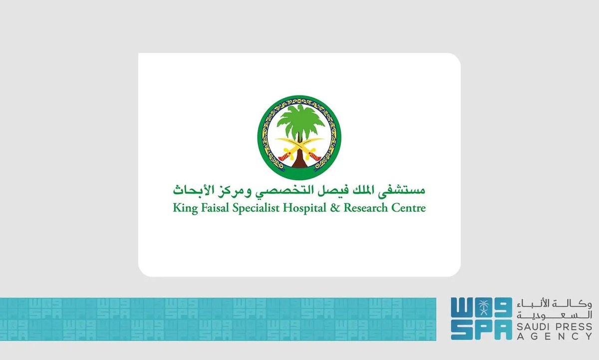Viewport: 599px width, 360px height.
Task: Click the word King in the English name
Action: (184, 208)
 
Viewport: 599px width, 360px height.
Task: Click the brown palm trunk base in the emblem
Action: (299, 161)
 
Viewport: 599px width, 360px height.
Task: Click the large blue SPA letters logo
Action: (481, 320)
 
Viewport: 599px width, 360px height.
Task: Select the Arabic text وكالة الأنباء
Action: (554, 304)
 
